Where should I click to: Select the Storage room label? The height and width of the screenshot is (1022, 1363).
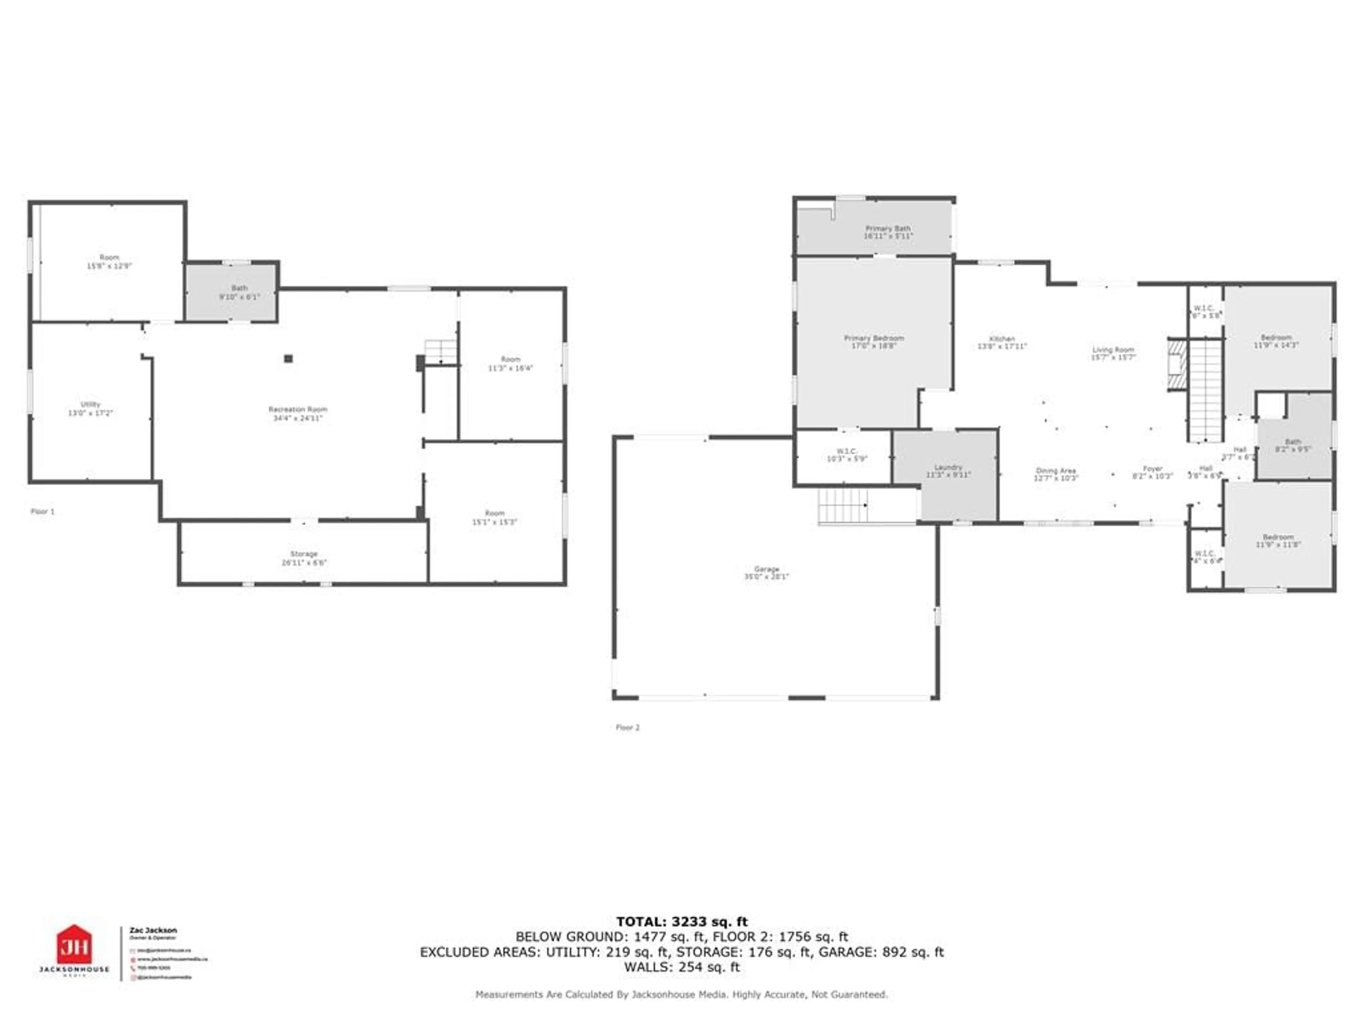[304, 558]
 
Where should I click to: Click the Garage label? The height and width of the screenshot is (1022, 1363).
[767, 573]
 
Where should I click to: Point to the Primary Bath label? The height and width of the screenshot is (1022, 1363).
[887, 232]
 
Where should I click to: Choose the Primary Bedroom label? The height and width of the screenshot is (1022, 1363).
[874, 342]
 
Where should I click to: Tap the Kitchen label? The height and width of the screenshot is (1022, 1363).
[1002, 342]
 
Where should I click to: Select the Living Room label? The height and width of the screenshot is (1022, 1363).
[1113, 353]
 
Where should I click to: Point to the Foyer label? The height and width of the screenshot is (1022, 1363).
[1152, 473]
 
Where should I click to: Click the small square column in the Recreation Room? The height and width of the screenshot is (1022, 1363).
[288, 358]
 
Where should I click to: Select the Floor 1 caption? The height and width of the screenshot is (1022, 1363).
[43, 511]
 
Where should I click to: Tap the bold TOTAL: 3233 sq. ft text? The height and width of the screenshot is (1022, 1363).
[681, 922]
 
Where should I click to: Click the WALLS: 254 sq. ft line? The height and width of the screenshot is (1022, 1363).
[681, 967]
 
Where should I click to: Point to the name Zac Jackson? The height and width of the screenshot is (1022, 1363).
[153, 930]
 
